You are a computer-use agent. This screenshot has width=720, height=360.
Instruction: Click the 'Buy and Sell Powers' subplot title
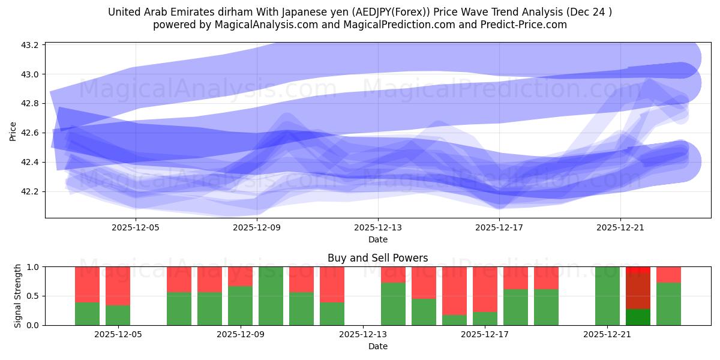[x=377, y=258]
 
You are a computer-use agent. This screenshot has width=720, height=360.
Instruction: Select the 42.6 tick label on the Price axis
[x=31, y=133]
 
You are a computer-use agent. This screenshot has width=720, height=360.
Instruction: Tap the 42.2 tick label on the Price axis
[x=31, y=192]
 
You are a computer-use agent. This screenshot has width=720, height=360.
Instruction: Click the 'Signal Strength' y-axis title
[x=18, y=296]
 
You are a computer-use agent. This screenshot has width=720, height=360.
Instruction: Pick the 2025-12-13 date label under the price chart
[x=378, y=227]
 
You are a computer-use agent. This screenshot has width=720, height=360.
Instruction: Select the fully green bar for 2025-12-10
[x=271, y=296]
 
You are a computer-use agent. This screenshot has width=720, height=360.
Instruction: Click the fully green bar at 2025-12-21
[x=607, y=296]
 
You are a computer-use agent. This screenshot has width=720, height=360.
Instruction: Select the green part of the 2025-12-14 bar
[x=393, y=304]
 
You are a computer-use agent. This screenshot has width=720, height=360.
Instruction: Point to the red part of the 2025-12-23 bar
[x=668, y=274]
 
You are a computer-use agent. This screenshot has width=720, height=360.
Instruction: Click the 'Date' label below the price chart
[x=377, y=239]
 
